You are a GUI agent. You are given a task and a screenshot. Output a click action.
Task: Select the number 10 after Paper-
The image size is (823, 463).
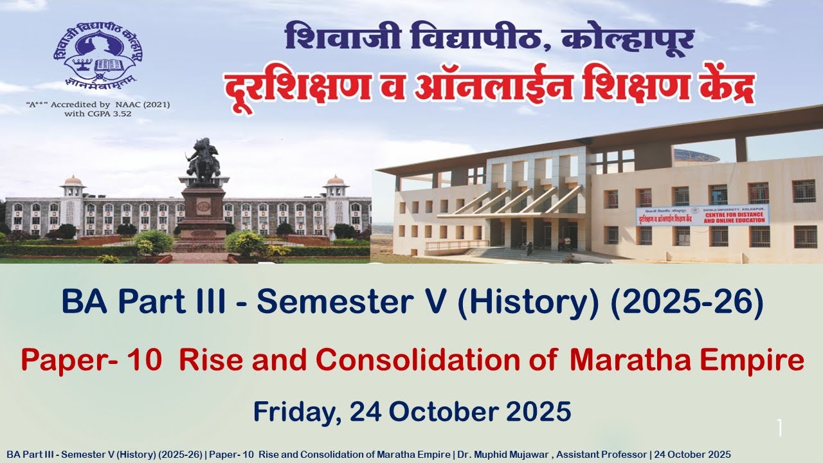[150, 361]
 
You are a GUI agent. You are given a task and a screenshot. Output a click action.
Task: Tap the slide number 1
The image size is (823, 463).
[779, 428]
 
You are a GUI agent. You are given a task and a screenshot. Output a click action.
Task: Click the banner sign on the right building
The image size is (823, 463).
[702, 215]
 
